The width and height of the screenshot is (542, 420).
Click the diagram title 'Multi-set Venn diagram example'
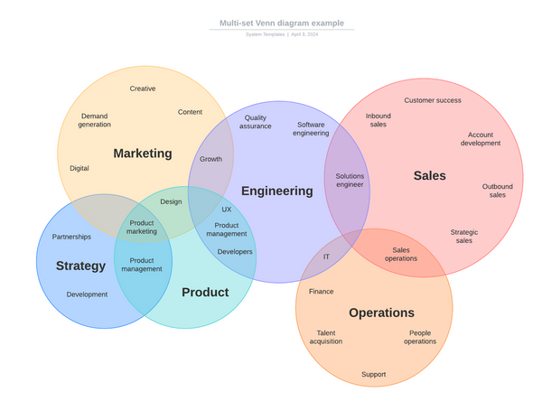pos(281,23)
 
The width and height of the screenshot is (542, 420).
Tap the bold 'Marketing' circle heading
pos(143,154)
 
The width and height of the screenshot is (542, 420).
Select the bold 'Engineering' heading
pos(276,191)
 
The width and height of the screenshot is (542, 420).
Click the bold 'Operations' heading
pos(381,313)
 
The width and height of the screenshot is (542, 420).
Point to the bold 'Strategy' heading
pos(80,266)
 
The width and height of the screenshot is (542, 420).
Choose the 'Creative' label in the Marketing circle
pos(143,89)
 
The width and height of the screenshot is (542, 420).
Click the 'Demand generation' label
pos(94,120)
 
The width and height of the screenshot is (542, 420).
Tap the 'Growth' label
pos(210,159)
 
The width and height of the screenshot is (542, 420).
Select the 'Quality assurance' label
pos(256,122)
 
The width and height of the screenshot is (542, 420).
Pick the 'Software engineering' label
pos(311,129)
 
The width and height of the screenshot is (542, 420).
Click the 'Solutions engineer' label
pos(350,181)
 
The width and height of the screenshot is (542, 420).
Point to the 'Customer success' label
pos(433,100)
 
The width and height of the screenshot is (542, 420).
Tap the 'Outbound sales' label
pos(497,191)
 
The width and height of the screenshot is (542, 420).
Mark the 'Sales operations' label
pos(401,255)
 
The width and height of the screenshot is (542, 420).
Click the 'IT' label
pos(327,257)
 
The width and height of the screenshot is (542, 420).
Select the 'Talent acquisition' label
pos(326,337)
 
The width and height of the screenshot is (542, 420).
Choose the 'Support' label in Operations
pos(374,374)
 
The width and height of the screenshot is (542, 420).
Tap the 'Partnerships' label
pos(71,237)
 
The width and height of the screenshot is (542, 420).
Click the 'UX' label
pos(227,210)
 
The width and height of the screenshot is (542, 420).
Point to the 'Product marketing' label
pos(142,227)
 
